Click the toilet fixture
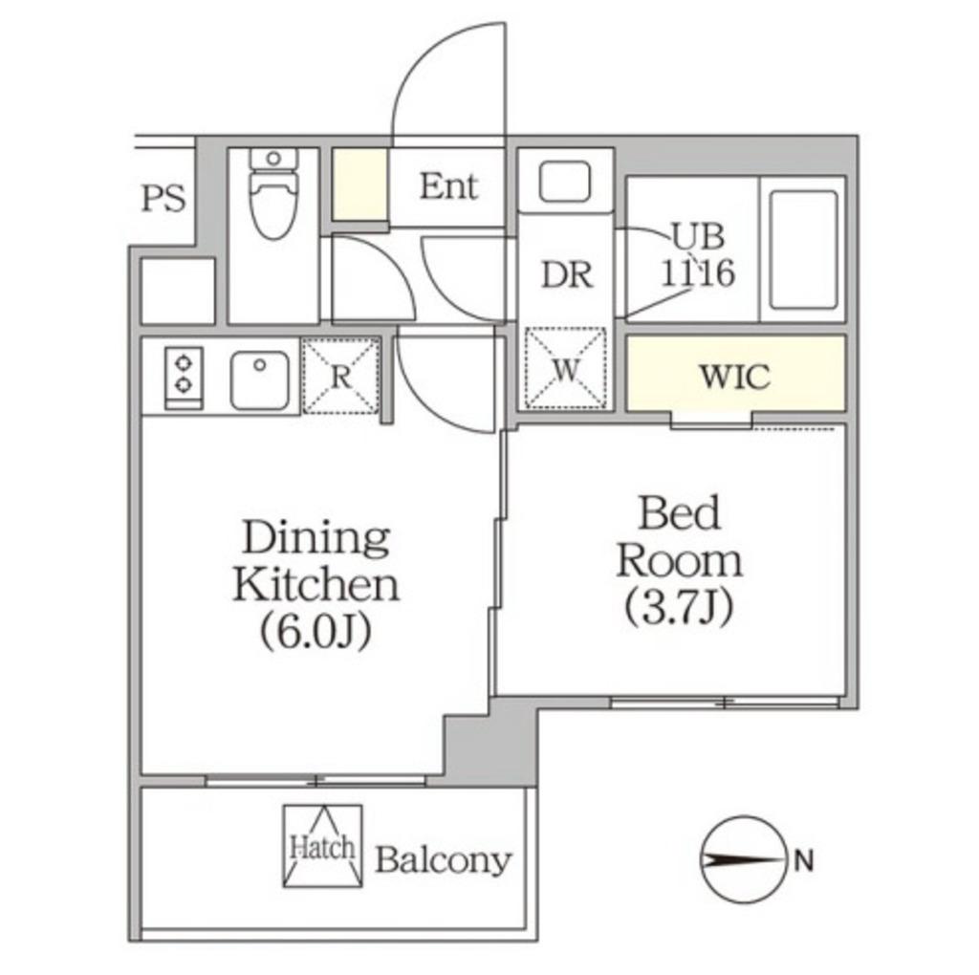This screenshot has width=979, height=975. (x=273, y=193)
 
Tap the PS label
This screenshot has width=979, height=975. (x=163, y=199)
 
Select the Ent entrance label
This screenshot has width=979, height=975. (x=448, y=186)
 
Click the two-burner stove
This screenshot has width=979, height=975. (x=184, y=379)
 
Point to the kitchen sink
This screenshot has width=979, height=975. (x=260, y=379)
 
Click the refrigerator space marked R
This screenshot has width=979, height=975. (x=341, y=376)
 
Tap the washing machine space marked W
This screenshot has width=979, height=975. (x=566, y=369)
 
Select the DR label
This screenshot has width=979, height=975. (x=567, y=274)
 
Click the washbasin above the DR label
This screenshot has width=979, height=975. (x=564, y=182)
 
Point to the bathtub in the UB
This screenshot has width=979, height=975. (x=803, y=250)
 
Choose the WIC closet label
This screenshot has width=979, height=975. (x=735, y=377)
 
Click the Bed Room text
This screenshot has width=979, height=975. (x=680, y=537)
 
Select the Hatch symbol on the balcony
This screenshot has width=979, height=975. (x=322, y=846)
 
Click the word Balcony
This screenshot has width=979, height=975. (x=444, y=860)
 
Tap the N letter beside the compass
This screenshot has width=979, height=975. (x=803, y=862)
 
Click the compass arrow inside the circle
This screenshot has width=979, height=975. (x=742, y=862)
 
